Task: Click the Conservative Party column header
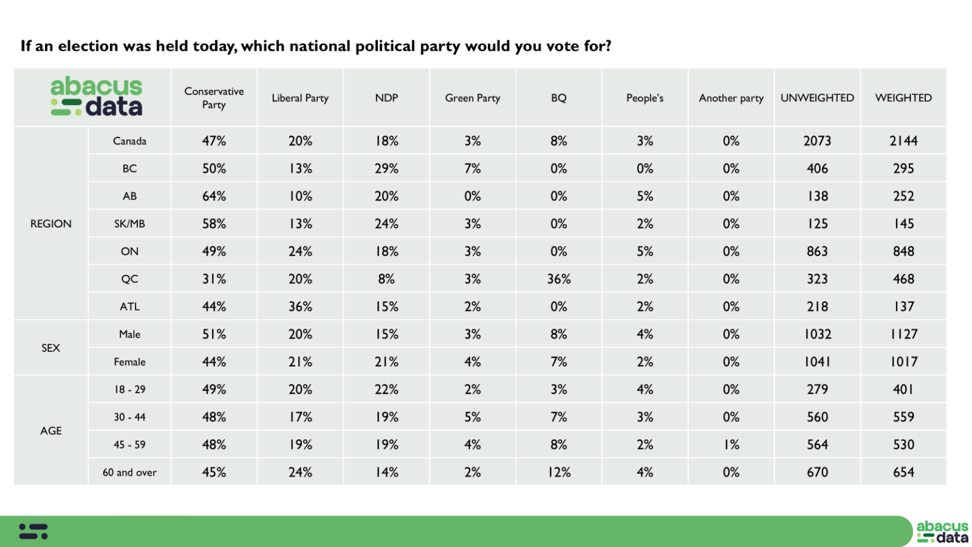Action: point(214,98)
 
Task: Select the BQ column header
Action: point(558,98)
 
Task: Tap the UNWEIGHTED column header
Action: point(817,98)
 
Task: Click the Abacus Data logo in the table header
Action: point(96,97)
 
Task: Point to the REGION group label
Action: point(51,223)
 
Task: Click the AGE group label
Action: point(51,431)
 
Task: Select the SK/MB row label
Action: point(129,223)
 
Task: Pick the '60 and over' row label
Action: point(129,472)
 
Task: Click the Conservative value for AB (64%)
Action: point(214,196)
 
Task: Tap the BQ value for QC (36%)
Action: point(558,279)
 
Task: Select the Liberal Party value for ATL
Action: point(300,306)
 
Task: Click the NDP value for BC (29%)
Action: point(386,168)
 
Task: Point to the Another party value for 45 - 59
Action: point(731,444)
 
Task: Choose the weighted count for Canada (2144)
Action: point(903,141)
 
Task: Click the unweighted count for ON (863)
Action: point(817,251)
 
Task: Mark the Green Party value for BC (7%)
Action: point(472,168)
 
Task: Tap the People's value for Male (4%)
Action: point(644,334)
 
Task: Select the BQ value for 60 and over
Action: point(558,472)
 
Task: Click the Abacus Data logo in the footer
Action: point(942,532)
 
